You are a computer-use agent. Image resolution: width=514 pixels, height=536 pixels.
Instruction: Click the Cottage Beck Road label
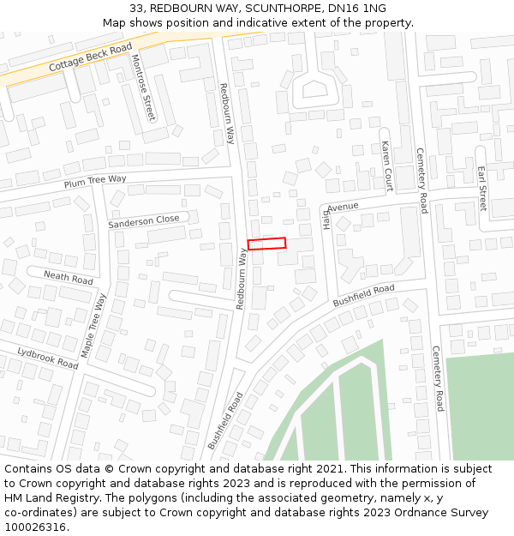[x=90, y=57]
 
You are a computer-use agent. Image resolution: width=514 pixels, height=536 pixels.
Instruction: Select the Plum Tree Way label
[x=94, y=183]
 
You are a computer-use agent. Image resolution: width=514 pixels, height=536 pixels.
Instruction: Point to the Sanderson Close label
[x=144, y=221]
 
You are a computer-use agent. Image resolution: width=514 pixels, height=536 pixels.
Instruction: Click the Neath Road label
[x=69, y=276]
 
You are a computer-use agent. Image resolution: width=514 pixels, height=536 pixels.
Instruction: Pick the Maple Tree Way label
[x=93, y=326]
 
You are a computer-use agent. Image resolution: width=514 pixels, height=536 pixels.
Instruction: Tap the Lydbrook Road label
[x=48, y=358]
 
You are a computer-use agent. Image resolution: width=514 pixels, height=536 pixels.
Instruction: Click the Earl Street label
[x=481, y=189]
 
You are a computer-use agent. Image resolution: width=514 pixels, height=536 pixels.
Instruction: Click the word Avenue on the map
[x=343, y=207]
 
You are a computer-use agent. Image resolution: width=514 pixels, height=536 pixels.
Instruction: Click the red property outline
[x=266, y=244]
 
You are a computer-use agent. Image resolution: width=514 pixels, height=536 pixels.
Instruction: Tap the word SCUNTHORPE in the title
[x=279, y=9]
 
